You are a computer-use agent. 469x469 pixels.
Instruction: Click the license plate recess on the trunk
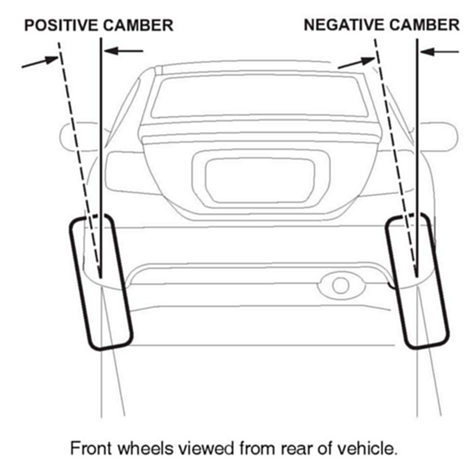click(x=260, y=178)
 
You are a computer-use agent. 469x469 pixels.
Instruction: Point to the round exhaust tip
click(x=340, y=285)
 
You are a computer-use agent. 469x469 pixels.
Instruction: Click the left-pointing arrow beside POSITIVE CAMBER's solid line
click(x=124, y=50)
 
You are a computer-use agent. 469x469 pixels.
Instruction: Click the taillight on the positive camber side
click(x=126, y=171)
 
